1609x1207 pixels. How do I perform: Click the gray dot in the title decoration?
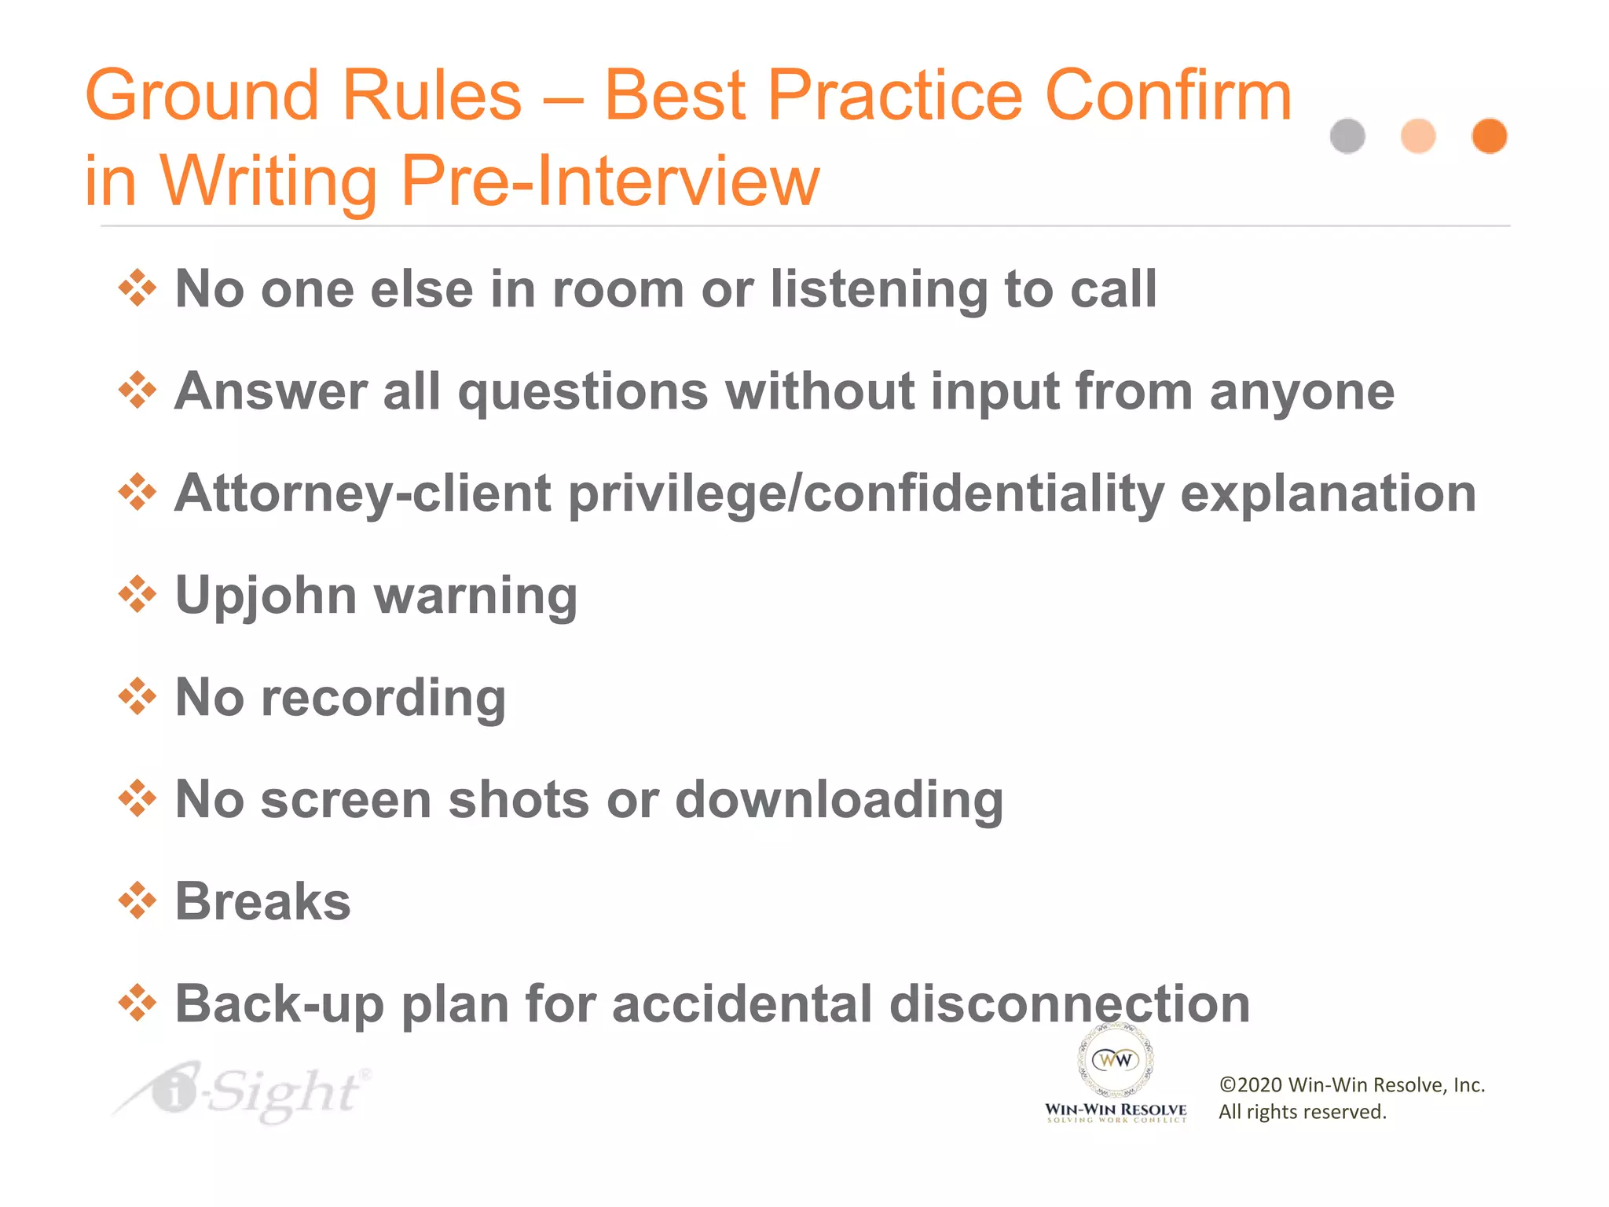(1347, 136)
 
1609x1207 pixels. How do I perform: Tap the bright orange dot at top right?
(1489, 136)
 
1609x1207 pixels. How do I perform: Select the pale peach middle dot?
(1418, 136)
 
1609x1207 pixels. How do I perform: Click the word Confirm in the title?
(1168, 95)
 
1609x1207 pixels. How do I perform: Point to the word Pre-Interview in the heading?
(610, 181)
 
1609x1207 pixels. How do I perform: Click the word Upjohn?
(266, 596)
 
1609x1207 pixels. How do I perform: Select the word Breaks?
(262, 901)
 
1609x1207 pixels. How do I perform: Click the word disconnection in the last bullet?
(1069, 1003)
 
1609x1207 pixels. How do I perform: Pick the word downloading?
(839, 800)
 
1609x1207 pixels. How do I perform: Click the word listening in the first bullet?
(878, 290)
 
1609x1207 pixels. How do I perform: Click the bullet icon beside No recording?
(137, 697)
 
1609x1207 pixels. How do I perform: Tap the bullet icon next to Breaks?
(137, 901)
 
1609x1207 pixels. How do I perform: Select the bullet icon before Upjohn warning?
(137, 595)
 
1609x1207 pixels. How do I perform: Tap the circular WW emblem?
(1116, 1060)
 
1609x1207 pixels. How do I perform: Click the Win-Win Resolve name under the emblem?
(1116, 1110)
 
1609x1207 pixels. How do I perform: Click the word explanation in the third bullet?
(1328, 493)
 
